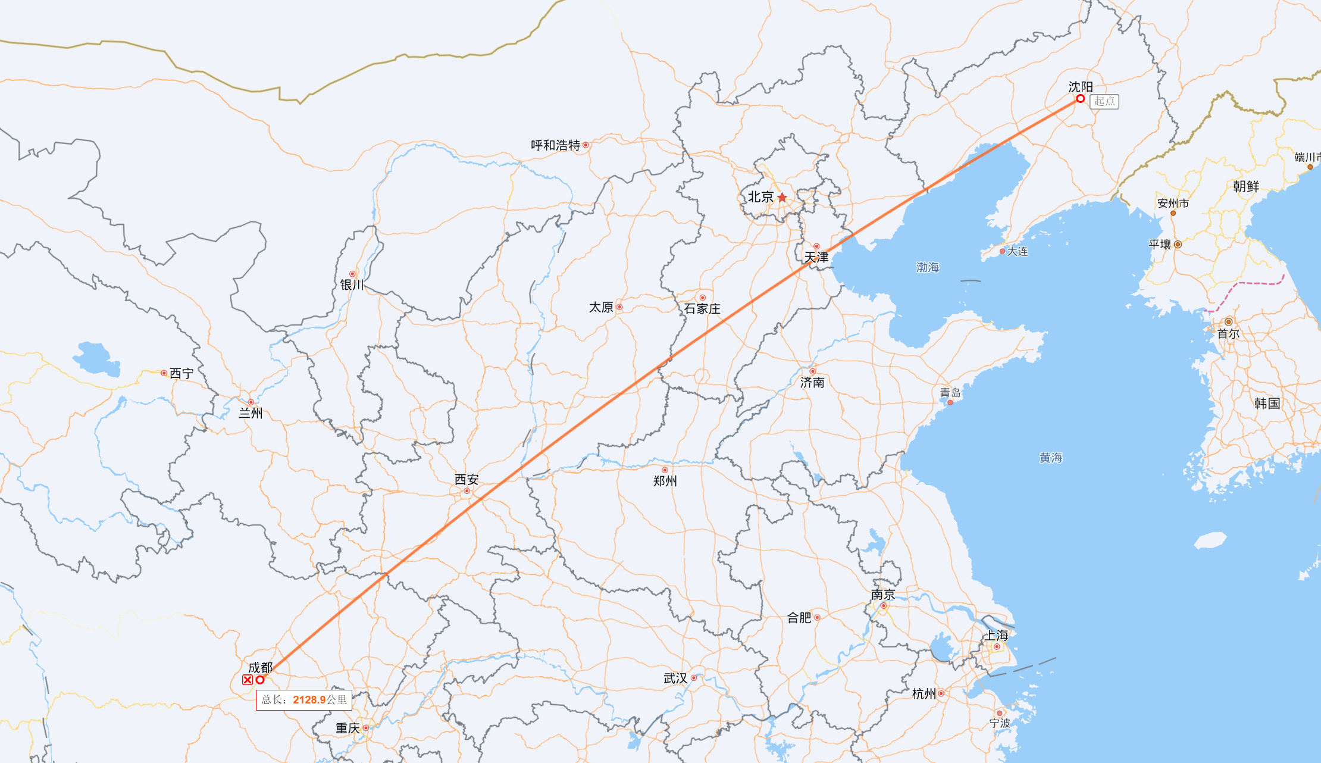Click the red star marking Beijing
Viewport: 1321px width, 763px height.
782,198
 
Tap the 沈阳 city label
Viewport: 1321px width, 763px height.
1080,87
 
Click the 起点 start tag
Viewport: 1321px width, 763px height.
1104,102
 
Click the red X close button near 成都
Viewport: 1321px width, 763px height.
248,680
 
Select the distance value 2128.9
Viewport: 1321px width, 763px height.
309,700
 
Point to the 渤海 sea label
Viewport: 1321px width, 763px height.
927,267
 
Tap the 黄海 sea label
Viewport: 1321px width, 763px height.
1050,458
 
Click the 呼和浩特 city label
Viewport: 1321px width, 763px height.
555,145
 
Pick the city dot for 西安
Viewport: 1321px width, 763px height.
467,491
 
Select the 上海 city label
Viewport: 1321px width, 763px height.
996,635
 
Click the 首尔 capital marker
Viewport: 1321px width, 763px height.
1228,322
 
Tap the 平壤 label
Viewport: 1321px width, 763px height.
1160,244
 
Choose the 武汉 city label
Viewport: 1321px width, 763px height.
675,678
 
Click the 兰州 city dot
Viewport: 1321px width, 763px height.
251,402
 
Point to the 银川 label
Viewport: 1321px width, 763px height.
352,285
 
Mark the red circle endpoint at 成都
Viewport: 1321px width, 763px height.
260,680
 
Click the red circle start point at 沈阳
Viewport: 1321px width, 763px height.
1080,99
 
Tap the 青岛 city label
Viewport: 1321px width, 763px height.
950,392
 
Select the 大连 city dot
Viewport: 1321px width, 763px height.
1002,252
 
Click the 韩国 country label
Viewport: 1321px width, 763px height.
1266,404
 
